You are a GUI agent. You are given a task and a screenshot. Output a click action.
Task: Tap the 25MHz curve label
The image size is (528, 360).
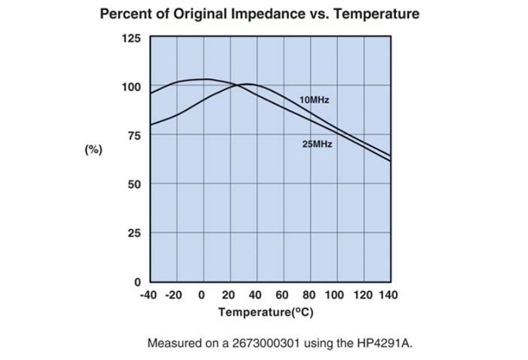click(317, 144)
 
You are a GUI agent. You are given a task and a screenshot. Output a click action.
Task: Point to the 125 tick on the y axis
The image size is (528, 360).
click(130, 38)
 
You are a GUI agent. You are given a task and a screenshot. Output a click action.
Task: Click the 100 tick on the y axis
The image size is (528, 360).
click(130, 87)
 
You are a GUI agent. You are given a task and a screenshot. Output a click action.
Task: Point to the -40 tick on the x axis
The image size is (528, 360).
click(149, 294)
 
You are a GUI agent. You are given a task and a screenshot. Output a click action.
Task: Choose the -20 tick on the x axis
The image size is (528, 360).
click(175, 294)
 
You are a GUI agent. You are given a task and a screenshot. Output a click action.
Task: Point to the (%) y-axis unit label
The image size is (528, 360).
click(92, 149)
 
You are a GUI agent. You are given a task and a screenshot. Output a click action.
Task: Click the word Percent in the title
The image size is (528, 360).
click(127, 14)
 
